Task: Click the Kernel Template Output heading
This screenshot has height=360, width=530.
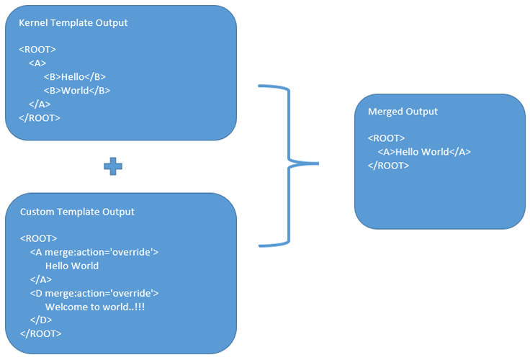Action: pyautogui.click(x=73, y=22)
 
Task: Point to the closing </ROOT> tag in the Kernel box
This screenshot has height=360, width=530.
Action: pyautogui.click(x=40, y=117)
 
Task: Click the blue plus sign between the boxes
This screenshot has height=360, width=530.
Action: pyautogui.click(x=113, y=166)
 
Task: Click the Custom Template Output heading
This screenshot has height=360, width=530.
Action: pyautogui.click(x=76, y=212)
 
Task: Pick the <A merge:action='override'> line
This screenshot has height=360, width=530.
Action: pyautogui.click(x=94, y=252)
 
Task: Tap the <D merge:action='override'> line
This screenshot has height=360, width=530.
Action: pyautogui.click(x=94, y=293)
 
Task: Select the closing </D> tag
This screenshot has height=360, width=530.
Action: pyautogui.click(x=41, y=320)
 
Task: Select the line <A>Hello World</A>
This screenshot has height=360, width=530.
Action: pyautogui.click(x=423, y=152)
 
